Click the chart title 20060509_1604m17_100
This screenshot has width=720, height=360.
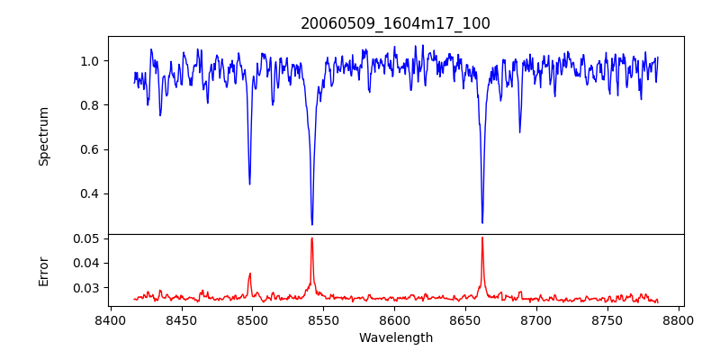(x=395, y=23)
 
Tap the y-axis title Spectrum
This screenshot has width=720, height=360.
(x=43, y=136)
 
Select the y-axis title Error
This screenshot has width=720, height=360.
(x=43, y=270)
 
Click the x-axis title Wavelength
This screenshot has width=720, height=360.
(x=395, y=338)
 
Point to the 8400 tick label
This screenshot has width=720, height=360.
(x=110, y=320)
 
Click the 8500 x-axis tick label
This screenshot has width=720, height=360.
(x=252, y=320)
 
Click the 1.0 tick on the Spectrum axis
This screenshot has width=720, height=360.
(x=90, y=61)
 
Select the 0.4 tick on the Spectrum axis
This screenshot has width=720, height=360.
(x=90, y=193)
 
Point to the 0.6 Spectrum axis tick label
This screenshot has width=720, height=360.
(x=90, y=149)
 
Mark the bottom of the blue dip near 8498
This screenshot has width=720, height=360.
(x=249, y=184)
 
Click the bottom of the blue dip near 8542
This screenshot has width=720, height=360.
(x=312, y=224)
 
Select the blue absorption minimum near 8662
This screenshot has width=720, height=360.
(x=482, y=222)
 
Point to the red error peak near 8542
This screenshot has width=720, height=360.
(x=312, y=238)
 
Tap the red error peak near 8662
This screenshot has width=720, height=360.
(x=482, y=238)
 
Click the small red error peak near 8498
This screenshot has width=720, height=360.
(x=250, y=274)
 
